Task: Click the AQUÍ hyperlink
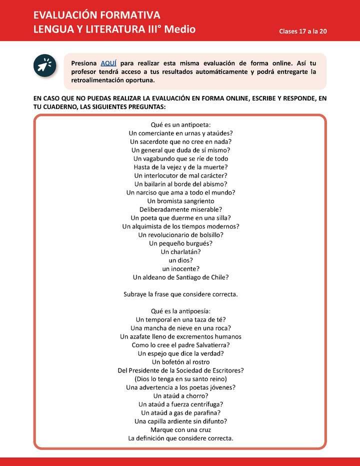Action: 108,63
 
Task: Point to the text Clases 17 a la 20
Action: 303,31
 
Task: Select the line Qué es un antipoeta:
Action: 180,124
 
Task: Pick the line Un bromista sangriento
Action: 180,201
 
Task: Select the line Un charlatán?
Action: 180,252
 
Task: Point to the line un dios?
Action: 180,260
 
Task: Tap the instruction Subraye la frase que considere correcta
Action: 180,294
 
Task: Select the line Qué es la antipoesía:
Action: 180,311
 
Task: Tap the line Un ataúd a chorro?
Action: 180,396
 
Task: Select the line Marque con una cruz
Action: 180,430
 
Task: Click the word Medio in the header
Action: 180,29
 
